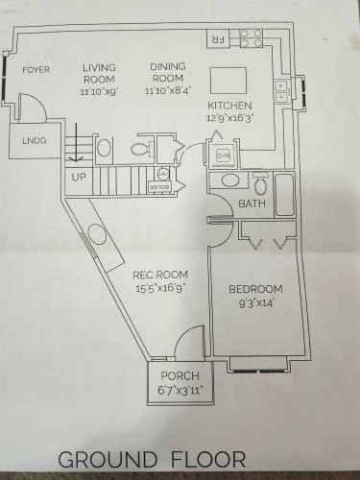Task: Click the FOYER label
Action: [36, 69]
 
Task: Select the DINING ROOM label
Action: [167, 73]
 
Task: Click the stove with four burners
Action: [251, 37]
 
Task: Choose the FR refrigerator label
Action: [218, 38]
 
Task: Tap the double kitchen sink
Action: [281, 92]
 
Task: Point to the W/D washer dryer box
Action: [223, 155]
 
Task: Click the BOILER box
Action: [160, 185]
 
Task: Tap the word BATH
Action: [252, 204]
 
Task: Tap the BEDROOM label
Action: [255, 290]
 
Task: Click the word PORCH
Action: [180, 375]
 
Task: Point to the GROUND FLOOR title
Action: [153, 459]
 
